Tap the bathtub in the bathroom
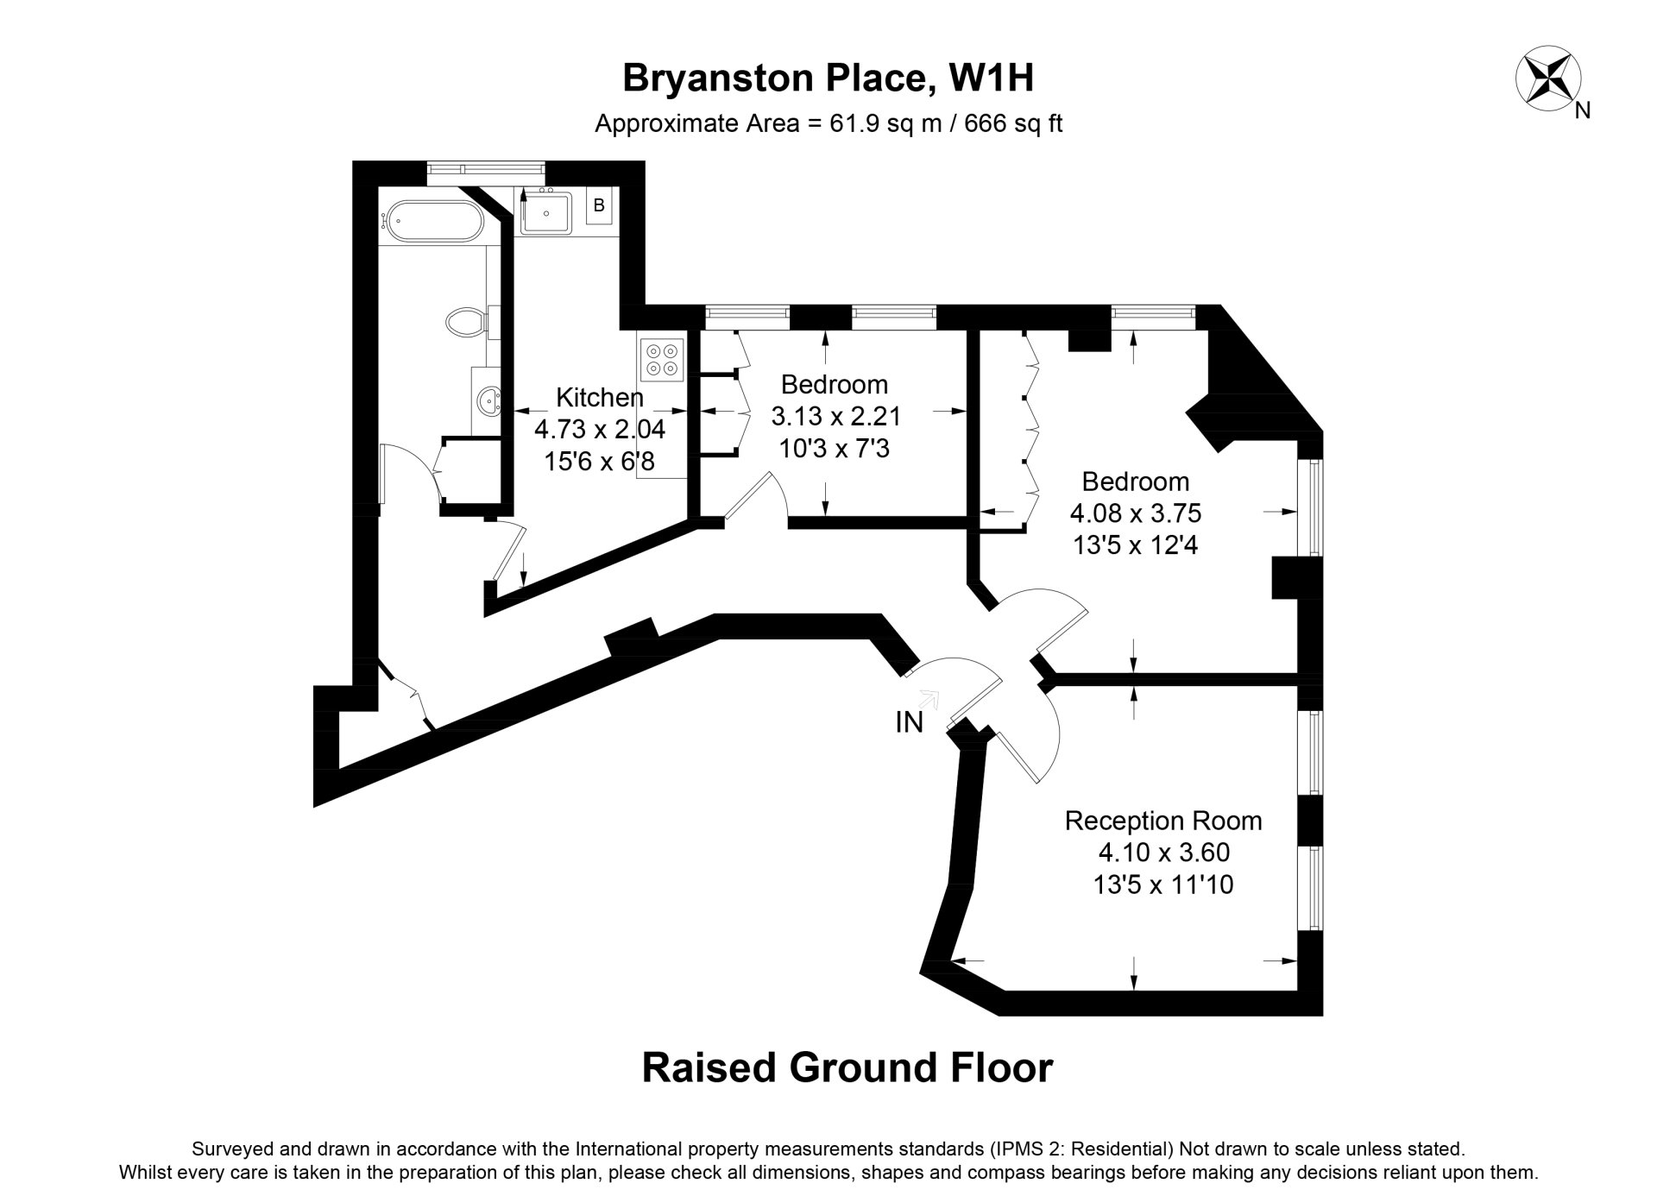point(428,223)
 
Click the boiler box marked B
point(599,207)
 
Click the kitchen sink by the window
point(546,212)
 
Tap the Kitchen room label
point(600,398)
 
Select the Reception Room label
point(1163,820)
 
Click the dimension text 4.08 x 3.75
point(1136,514)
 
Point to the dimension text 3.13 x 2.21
point(835,418)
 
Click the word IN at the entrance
point(910,722)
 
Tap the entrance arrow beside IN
point(929,698)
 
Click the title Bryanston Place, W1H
point(828,79)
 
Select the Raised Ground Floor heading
point(847,1067)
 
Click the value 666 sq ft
point(1013,124)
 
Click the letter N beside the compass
point(1583,110)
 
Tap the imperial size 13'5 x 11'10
point(1163,884)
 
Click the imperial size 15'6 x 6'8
point(600,462)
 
